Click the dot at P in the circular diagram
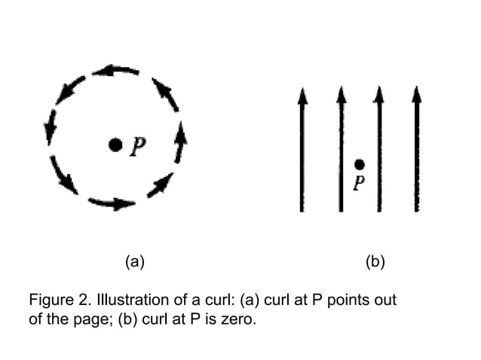(115, 145)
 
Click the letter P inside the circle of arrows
(136, 146)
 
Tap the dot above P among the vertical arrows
(360, 164)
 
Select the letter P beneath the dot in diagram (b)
(360, 182)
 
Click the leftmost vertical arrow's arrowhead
(302, 95)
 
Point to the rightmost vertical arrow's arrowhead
(416, 95)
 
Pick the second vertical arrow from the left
(341, 151)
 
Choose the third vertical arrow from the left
(378, 151)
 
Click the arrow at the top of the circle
(115, 72)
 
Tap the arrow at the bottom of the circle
(112, 203)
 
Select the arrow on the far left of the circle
(51, 127)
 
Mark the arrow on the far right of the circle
(180, 142)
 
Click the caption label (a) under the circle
(133, 262)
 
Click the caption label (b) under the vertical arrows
(375, 262)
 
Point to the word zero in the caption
(241, 318)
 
